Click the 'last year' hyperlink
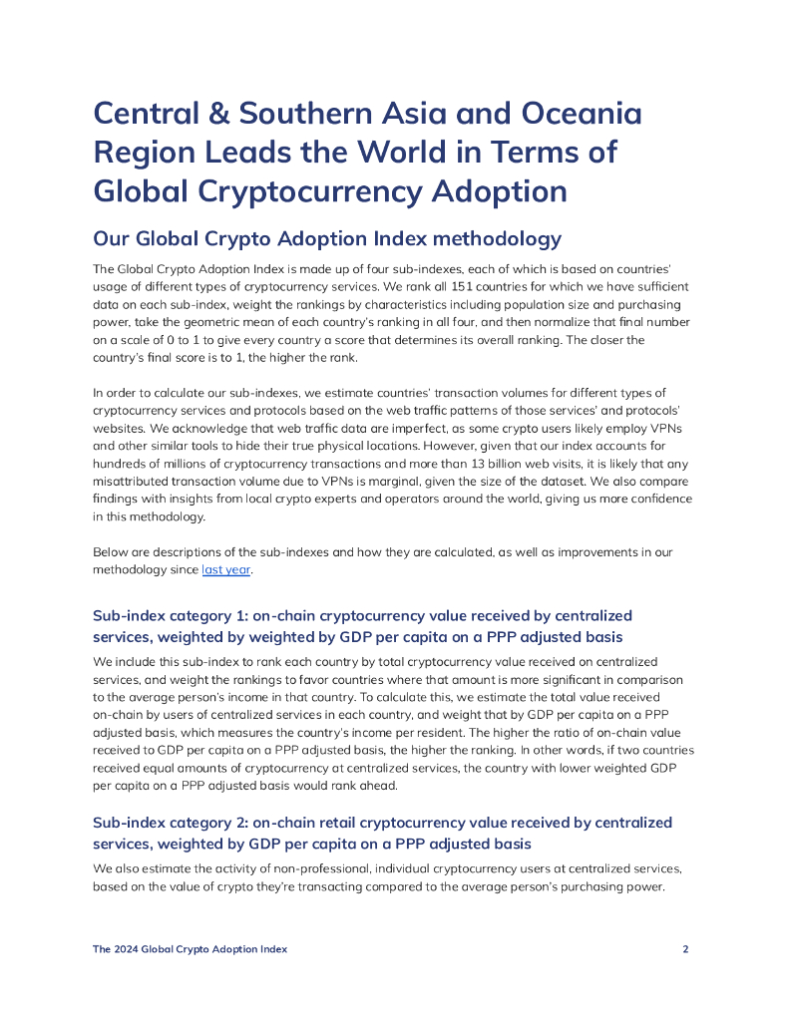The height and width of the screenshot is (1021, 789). click(225, 570)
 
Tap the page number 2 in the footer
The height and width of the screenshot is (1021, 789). click(685, 949)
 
